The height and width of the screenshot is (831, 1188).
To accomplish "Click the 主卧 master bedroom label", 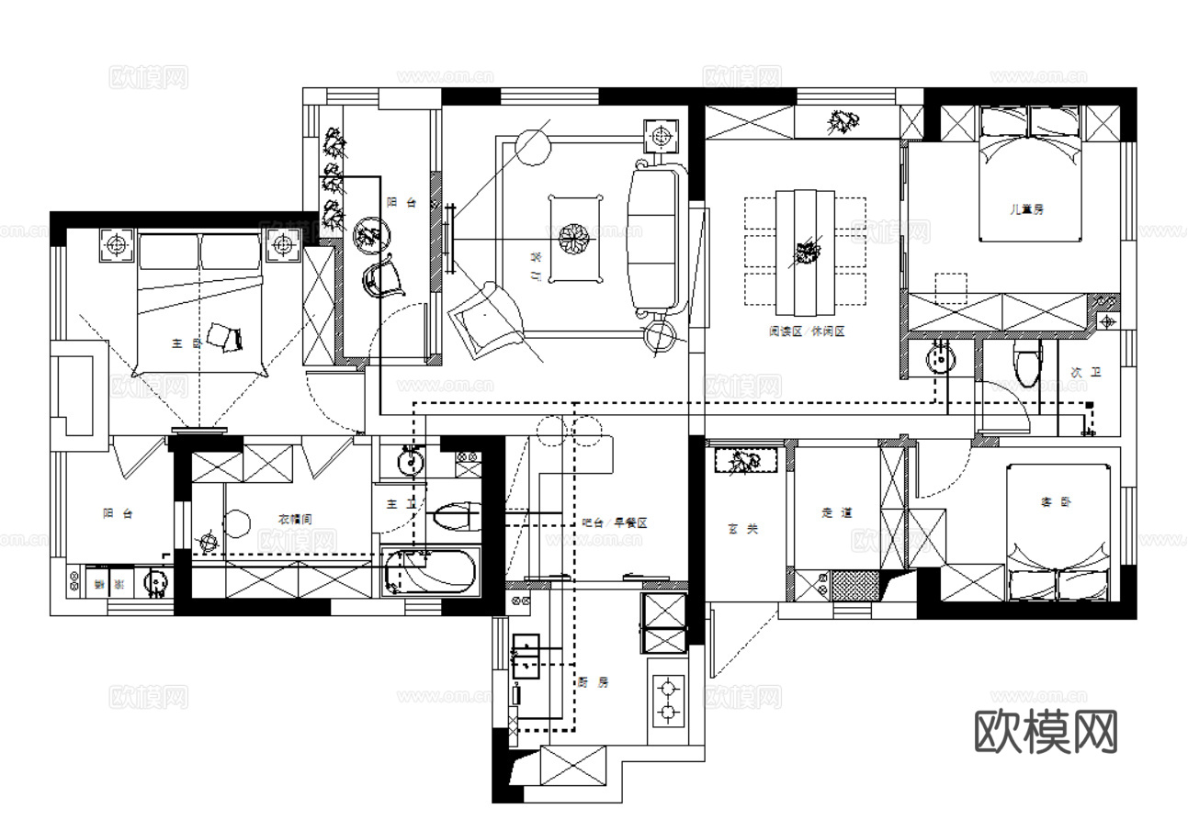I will click(x=186, y=343).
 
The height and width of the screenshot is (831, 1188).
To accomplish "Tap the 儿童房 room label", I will click(x=1026, y=209).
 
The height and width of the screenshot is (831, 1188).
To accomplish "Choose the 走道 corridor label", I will click(x=836, y=512).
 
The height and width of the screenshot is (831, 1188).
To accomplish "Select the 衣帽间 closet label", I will click(x=295, y=520).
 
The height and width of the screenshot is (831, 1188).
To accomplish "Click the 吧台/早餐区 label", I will click(x=615, y=522).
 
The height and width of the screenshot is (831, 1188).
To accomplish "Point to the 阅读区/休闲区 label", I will click(x=807, y=331).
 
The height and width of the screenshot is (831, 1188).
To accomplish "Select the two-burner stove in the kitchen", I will click(x=667, y=698).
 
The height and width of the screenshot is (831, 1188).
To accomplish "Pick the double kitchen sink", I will click(x=526, y=656).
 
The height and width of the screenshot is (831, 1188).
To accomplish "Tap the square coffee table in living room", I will click(x=574, y=237).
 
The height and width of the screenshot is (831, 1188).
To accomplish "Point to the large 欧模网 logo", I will click(x=1046, y=731).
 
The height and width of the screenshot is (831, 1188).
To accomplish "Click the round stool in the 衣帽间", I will click(x=236, y=524).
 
